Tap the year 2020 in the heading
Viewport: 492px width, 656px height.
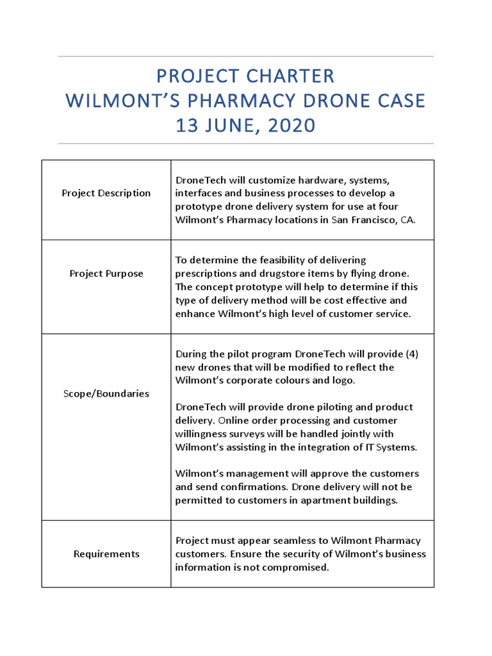[288, 126]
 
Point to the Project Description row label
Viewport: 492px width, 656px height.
[106, 193]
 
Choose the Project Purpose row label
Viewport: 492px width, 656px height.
[106, 274]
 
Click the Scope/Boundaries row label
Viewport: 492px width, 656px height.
[106, 393]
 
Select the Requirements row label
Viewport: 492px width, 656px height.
[106, 553]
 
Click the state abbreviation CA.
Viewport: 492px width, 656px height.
[407, 220]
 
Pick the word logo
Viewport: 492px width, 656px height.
[343, 380]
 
